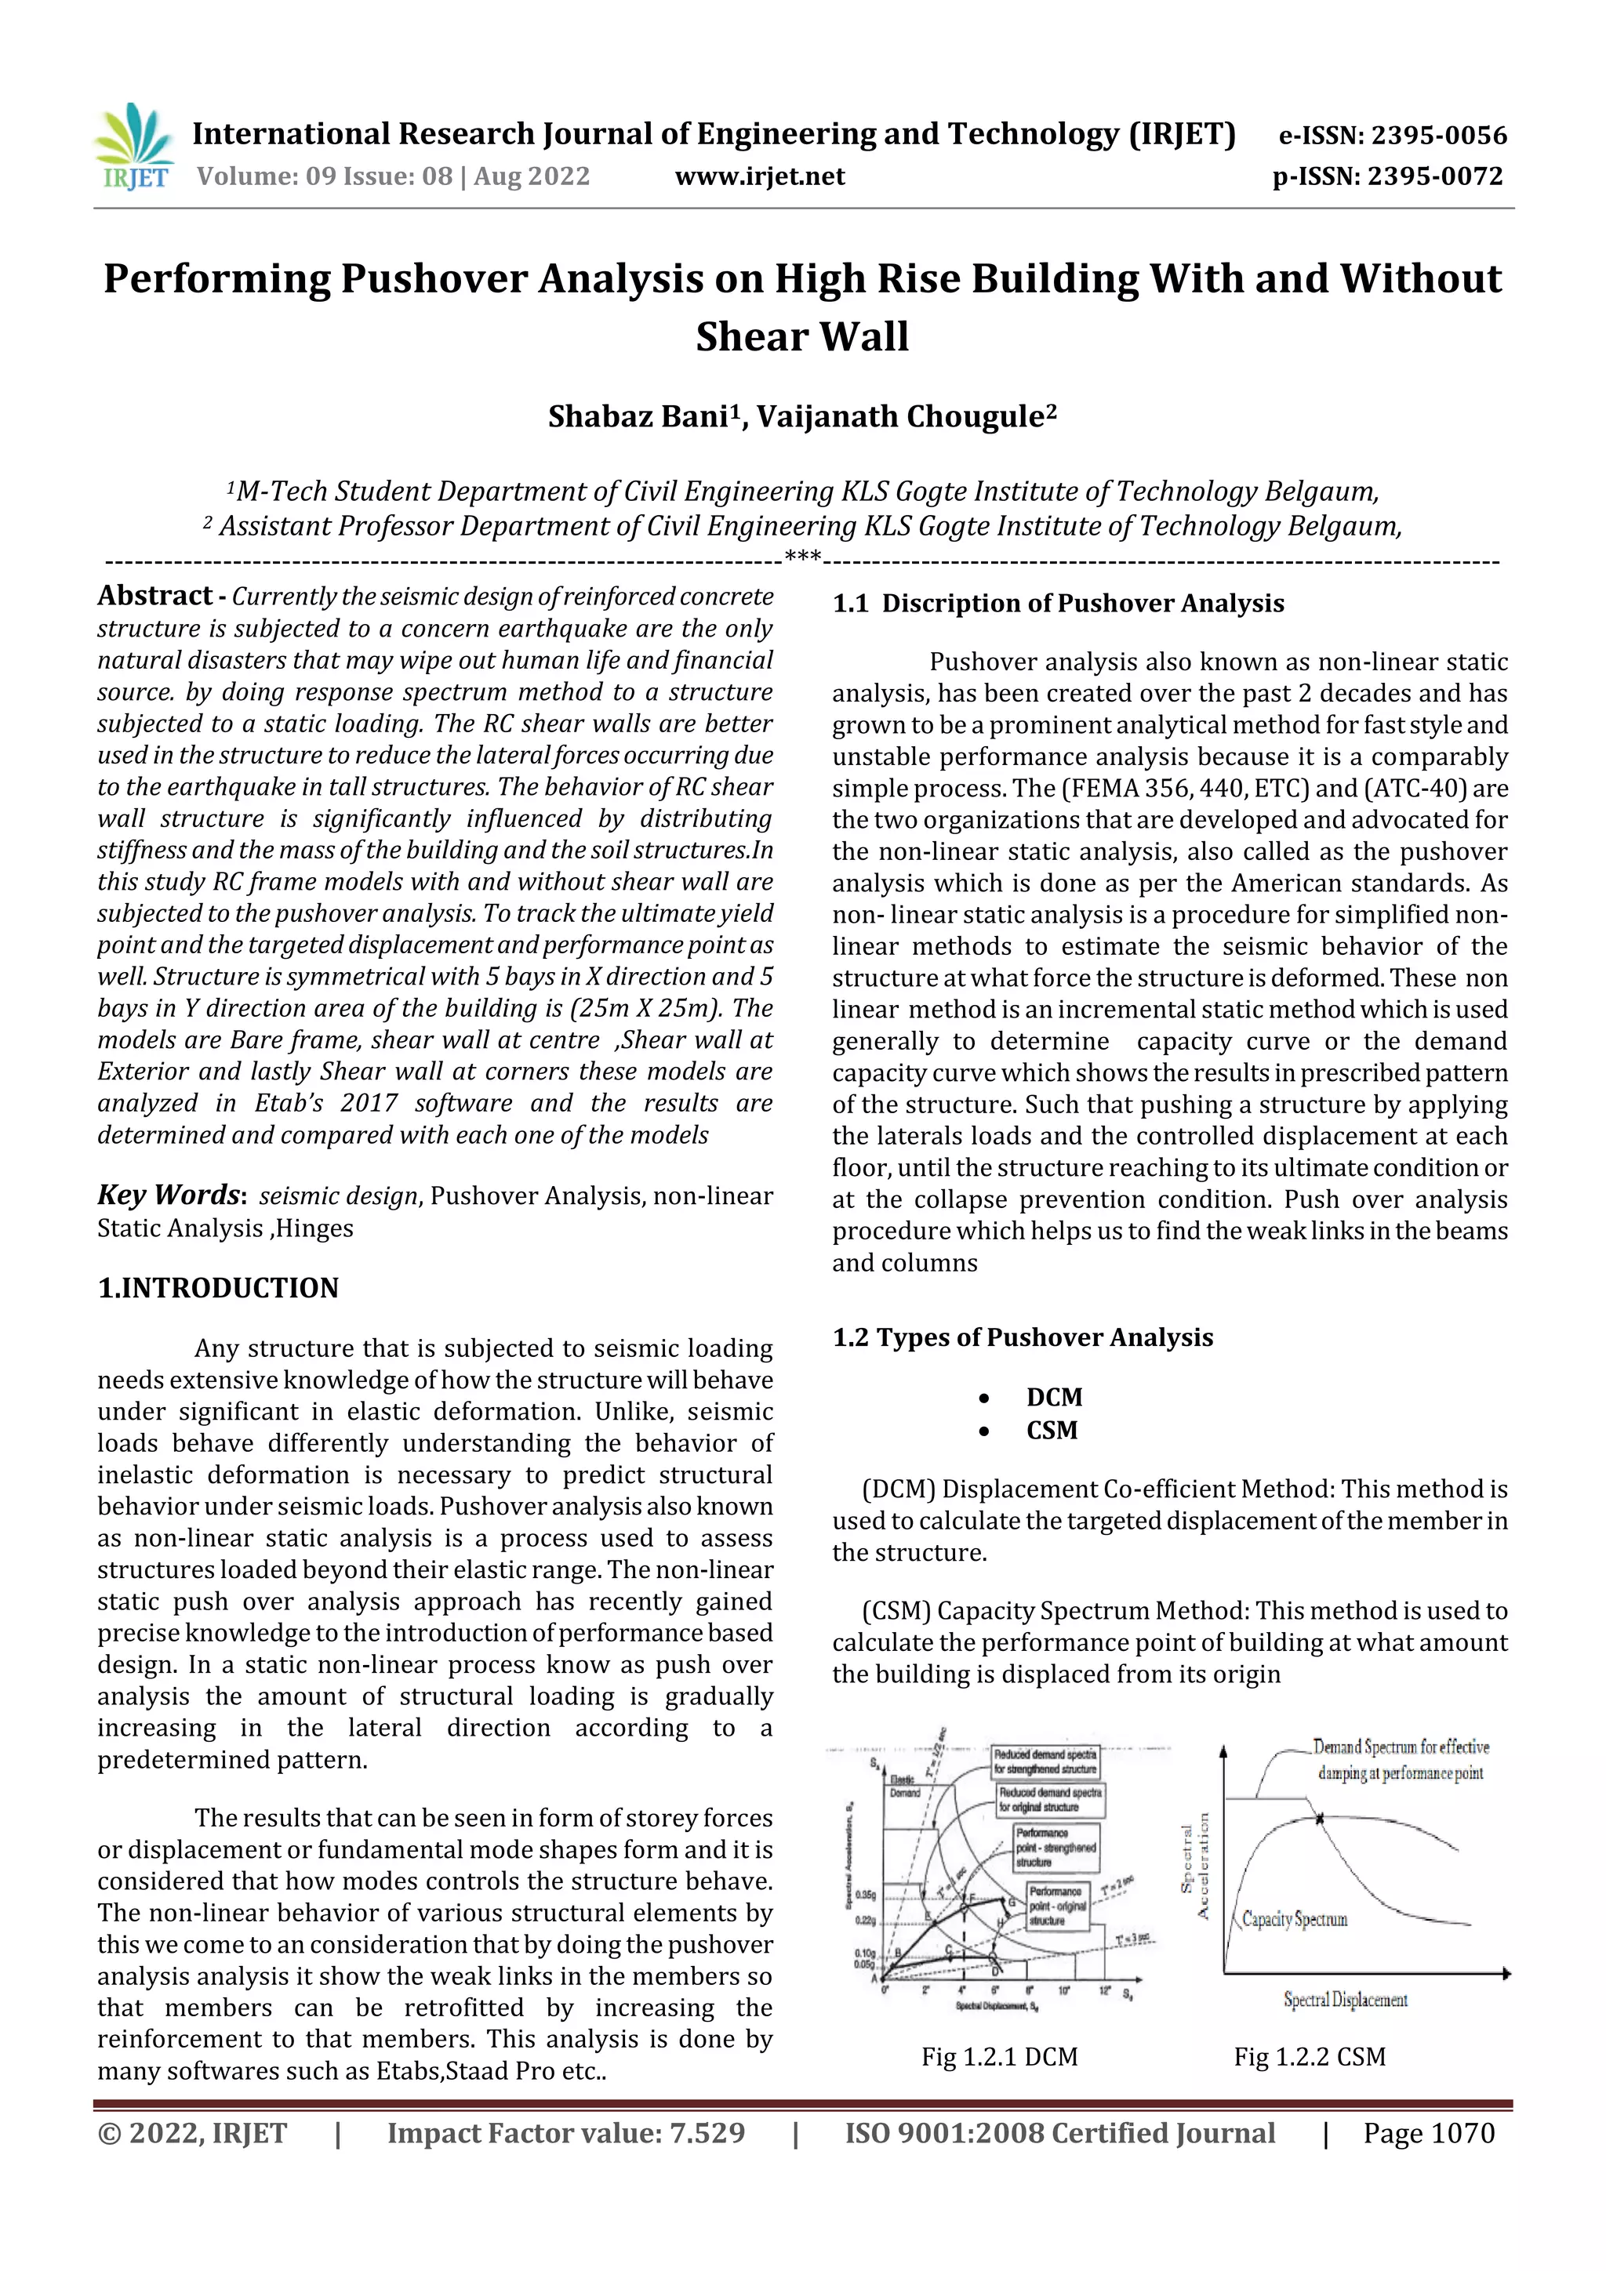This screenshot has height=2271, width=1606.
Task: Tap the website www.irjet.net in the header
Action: (759, 177)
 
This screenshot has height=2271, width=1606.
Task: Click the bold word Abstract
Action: (154, 596)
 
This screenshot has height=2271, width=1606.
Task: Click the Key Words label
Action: (169, 1195)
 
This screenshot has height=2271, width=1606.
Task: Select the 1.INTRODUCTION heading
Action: (218, 1288)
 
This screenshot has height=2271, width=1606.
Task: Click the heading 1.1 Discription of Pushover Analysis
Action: (1058, 604)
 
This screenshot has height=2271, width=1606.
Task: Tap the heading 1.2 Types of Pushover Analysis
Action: (1023, 1337)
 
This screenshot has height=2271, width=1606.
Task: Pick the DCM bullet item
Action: (1054, 1397)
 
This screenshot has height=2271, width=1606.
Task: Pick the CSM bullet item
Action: (1051, 1431)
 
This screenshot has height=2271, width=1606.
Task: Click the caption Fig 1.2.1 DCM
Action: (999, 2057)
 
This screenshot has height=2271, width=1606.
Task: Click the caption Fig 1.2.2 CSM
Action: (1308, 2057)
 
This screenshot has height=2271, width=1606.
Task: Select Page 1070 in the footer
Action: (1428, 2134)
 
